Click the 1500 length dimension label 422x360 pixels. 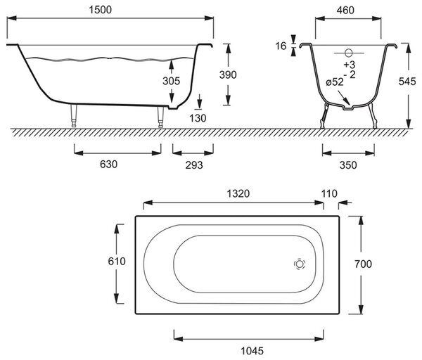pos(100,10)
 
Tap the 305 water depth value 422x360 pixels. pos(171,81)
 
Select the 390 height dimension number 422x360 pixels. pos(228,75)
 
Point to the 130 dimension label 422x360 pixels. pos(198,118)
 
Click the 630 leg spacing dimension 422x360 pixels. pos(109,164)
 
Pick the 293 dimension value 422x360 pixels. pos(194,165)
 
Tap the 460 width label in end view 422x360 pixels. pos(345,11)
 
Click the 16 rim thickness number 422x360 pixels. pos(281,46)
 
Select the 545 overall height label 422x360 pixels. pos(407,82)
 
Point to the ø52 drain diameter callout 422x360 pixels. pos(335,82)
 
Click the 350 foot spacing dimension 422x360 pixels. pos(348,165)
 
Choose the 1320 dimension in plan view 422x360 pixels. pos(238,193)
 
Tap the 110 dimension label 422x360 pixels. pos(329,193)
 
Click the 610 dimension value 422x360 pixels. pos(117,261)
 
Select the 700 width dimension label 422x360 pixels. pos(363,264)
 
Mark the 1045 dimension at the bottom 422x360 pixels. pos(252,351)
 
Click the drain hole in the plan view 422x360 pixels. pos(300,264)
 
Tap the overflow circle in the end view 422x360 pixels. pos(349,53)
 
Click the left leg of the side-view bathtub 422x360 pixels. pos(73,115)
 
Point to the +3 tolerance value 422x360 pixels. pos(350,65)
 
